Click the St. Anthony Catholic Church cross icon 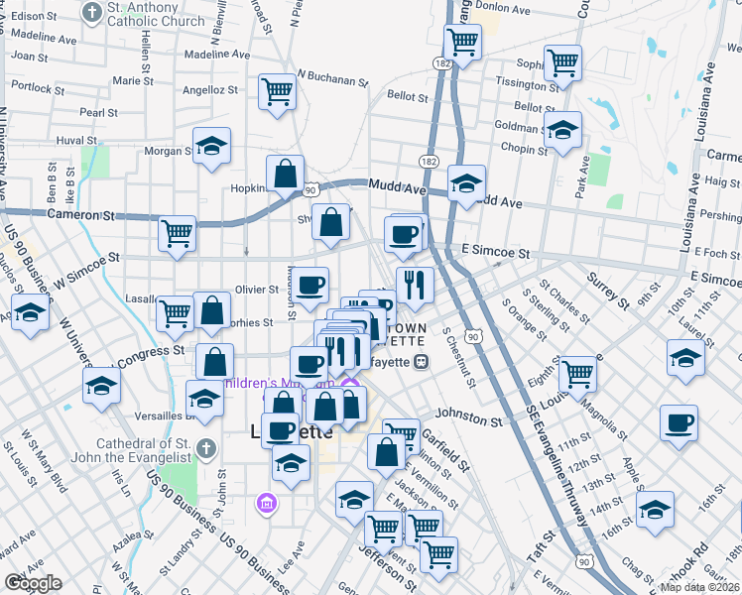92,13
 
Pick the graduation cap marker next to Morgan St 210,147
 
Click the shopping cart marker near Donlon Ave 462,42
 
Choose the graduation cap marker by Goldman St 562,129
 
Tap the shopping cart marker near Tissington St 562,62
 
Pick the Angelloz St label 210,89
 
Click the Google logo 33,583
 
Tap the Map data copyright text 699,587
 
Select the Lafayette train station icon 421,361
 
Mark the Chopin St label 524,148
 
